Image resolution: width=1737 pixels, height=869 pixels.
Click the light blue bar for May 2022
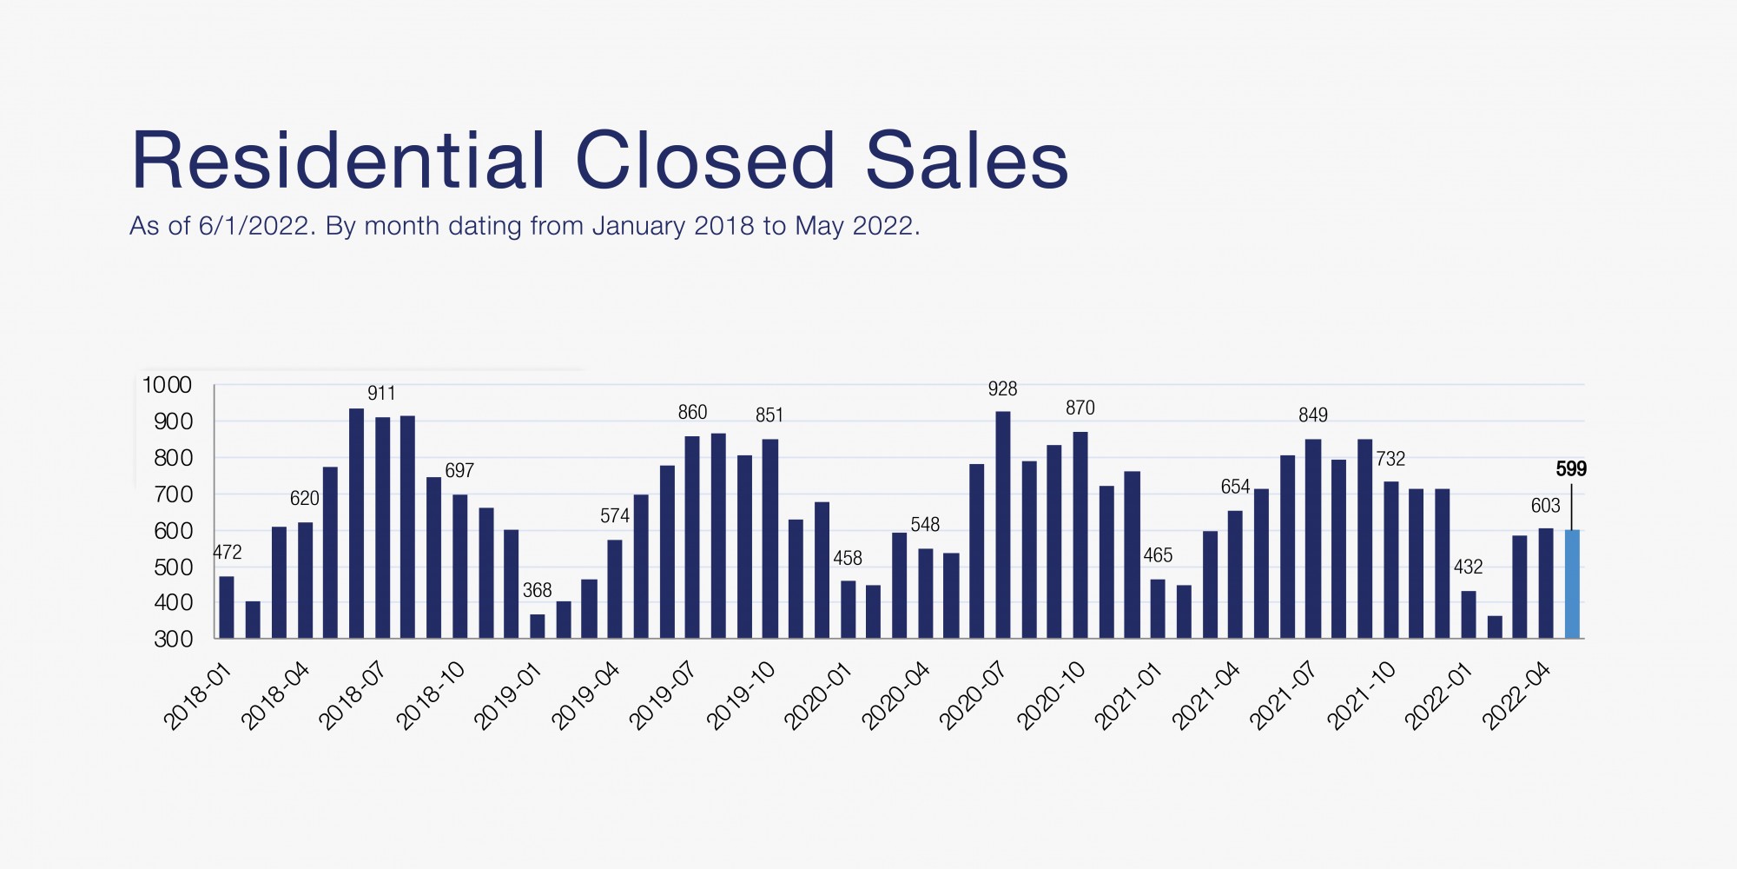pyautogui.click(x=1572, y=584)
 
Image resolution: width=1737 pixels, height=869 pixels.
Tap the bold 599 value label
pyautogui.click(x=1571, y=469)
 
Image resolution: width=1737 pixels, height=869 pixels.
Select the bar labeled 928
pyautogui.click(x=1002, y=525)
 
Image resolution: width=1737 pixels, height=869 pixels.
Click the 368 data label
pyautogui.click(x=537, y=591)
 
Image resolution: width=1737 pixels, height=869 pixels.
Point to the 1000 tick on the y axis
pyautogui.click(x=167, y=385)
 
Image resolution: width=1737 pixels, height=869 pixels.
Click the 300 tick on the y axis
pyautogui.click(x=173, y=640)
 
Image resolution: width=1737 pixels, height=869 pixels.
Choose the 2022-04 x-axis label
pyautogui.click(x=1517, y=695)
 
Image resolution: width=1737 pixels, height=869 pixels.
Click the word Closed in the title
pyautogui.click(x=704, y=161)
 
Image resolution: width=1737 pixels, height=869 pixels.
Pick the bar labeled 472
pyautogui.click(x=227, y=607)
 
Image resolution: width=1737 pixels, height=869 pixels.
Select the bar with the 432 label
pyautogui.click(x=1468, y=615)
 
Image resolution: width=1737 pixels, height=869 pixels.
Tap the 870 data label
pyautogui.click(x=1080, y=408)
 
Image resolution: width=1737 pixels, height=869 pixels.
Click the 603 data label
pyautogui.click(x=1545, y=506)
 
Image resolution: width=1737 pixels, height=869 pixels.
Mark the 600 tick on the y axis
pyautogui.click(x=173, y=531)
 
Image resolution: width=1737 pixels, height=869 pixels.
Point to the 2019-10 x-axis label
pyautogui.click(x=742, y=695)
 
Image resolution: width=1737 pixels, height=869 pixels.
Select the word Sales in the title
pyautogui.click(x=967, y=161)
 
